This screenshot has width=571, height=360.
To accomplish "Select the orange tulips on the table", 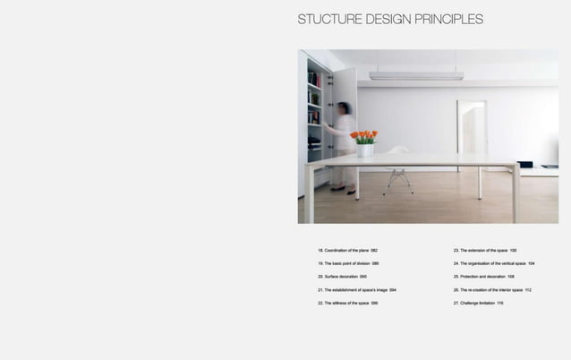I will click(364, 137).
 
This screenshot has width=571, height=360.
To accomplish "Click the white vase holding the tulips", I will click(365, 150).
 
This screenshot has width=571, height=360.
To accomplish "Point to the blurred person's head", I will click(345, 108).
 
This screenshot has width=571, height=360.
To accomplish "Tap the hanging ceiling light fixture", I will click(416, 76).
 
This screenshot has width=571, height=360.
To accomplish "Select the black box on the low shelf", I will click(525, 165).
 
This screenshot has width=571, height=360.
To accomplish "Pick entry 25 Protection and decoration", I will click(483, 277).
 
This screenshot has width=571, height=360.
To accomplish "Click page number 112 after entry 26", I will click(529, 290).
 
